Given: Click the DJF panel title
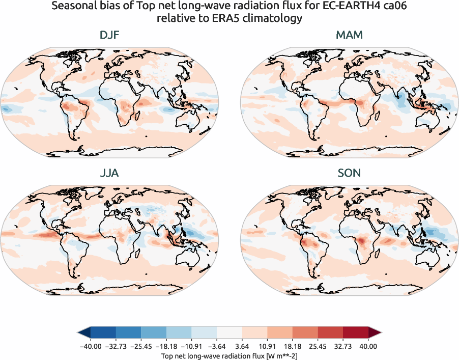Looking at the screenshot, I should click(110, 36).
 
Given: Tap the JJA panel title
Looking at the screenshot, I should click(110, 173).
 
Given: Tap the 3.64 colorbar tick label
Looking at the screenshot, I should click(242, 346).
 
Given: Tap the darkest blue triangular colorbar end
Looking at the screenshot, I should click(84, 333).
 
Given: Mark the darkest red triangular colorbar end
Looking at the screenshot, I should click(374, 333).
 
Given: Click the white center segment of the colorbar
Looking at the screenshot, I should click(229, 333).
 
